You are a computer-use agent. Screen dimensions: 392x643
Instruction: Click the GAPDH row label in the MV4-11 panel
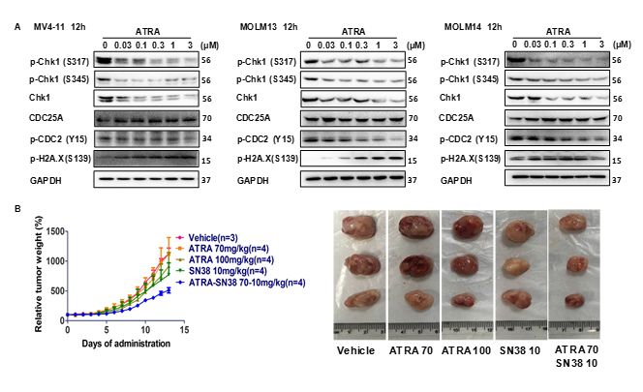(50, 179)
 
